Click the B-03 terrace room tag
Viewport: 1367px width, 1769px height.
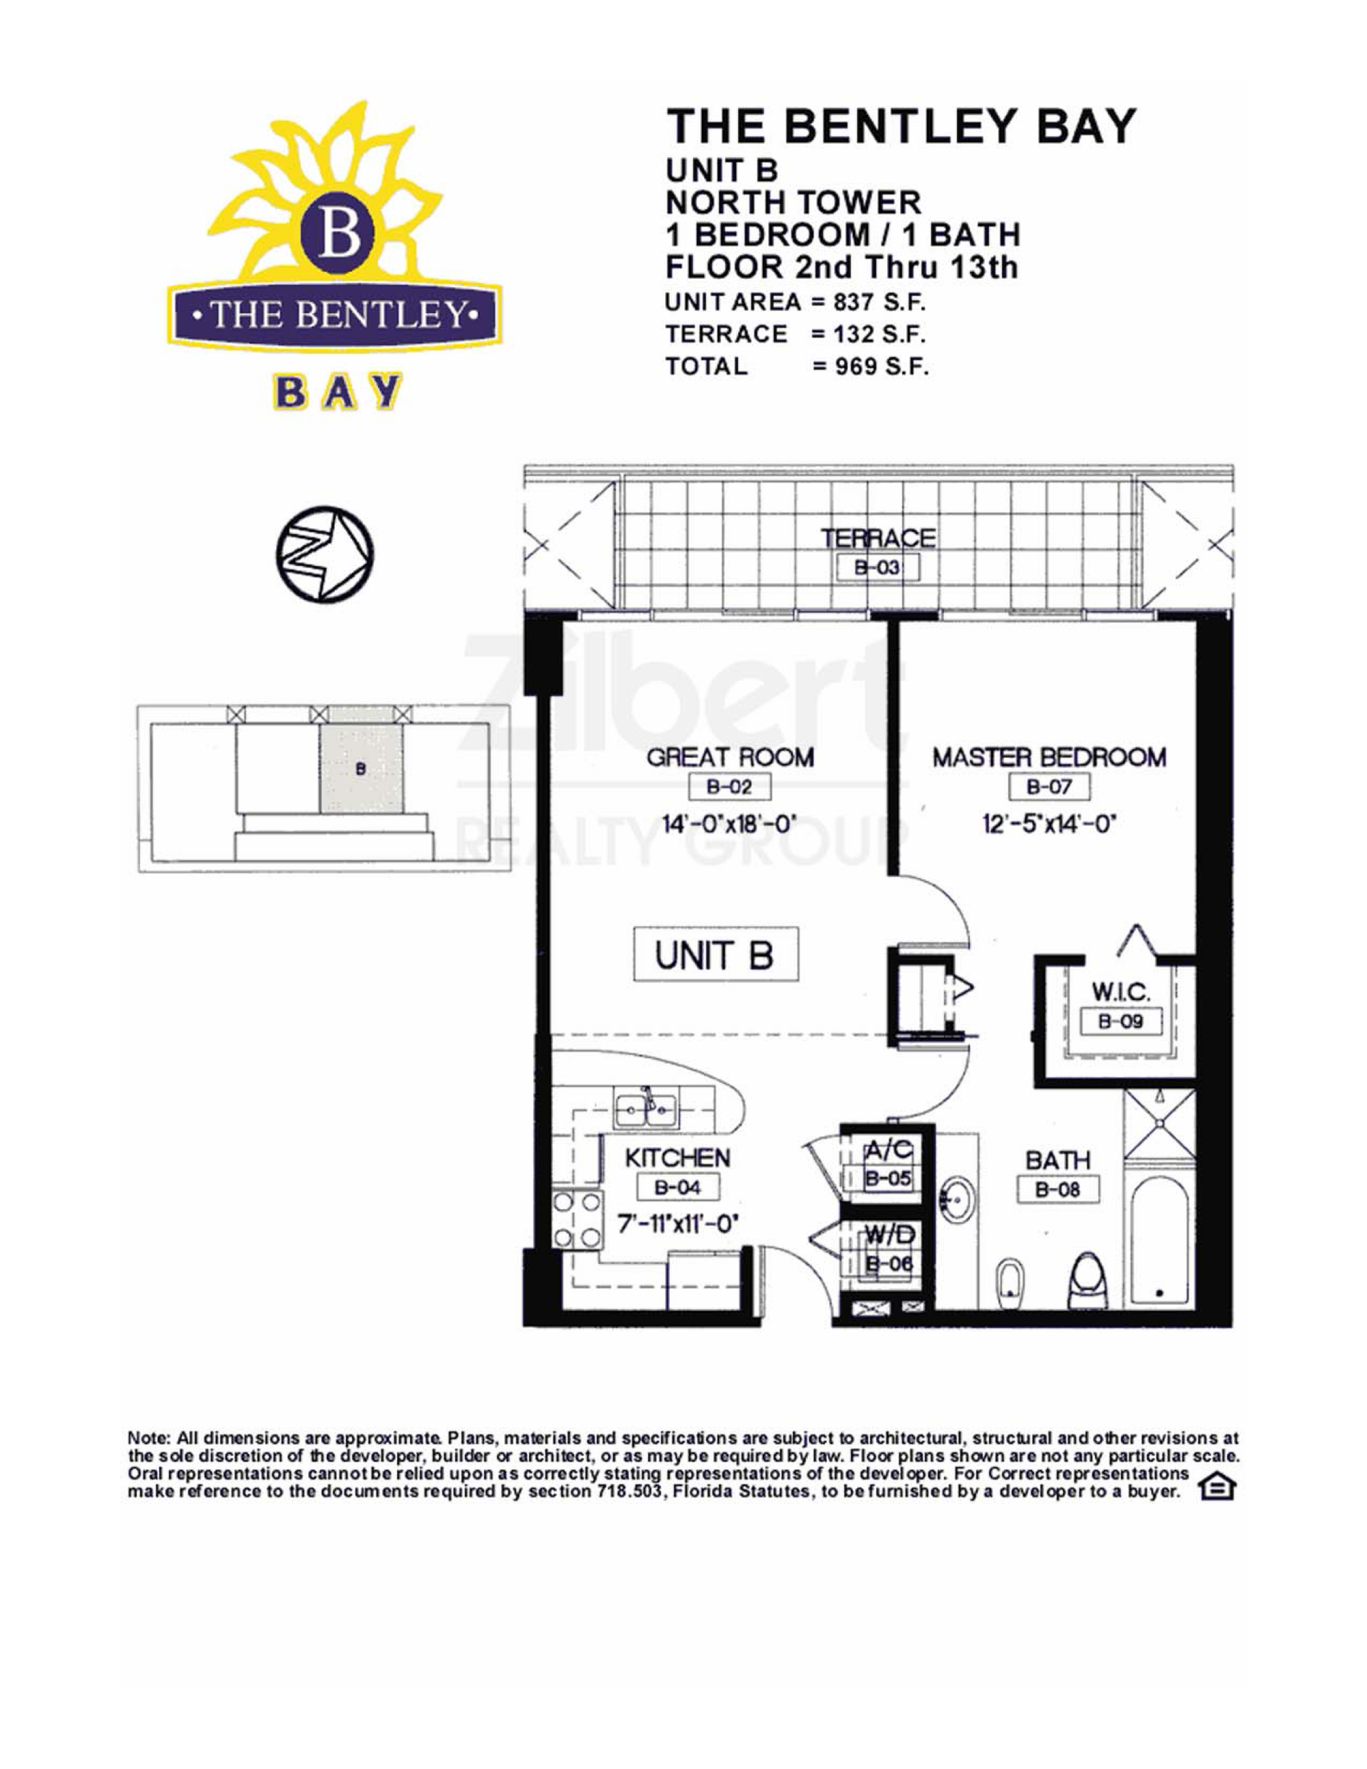click(878, 568)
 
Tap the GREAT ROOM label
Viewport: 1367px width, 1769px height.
click(730, 758)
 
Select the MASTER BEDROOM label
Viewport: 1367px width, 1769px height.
click(1048, 758)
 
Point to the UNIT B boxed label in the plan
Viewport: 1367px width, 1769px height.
click(715, 954)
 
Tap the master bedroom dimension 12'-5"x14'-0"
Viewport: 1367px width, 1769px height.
click(1048, 825)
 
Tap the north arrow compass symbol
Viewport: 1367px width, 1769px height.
click(325, 555)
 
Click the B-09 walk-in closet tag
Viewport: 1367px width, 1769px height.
click(1120, 1021)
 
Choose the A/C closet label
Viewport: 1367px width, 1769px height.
click(889, 1148)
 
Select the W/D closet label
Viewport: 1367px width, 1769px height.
click(889, 1234)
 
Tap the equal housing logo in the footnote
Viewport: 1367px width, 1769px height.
click(1217, 1489)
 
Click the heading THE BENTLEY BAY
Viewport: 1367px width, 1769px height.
click(902, 126)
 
